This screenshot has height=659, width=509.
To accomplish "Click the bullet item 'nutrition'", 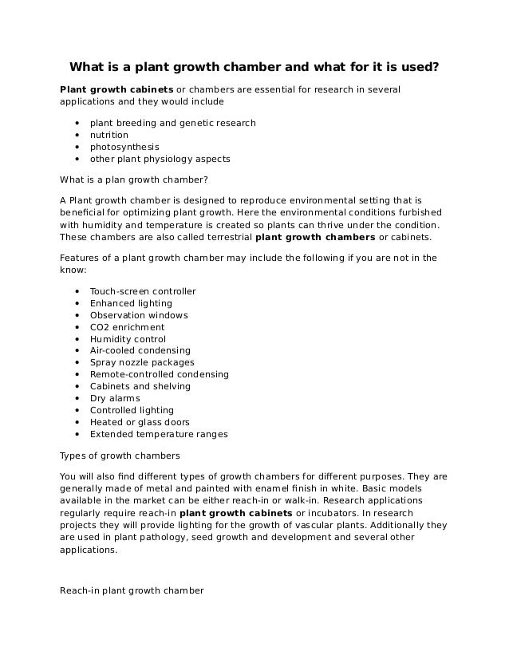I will click(109, 136).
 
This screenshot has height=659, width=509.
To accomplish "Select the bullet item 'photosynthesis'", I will click(124, 148).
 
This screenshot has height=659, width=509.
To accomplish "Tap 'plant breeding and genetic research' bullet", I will click(172, 124).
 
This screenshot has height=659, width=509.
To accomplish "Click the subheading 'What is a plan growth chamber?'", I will click(133, 180).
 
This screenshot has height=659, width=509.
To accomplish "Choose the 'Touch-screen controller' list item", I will click(142, 291).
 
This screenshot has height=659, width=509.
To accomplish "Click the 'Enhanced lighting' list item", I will click(130, 303).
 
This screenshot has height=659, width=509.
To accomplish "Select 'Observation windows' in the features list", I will click(138, 315).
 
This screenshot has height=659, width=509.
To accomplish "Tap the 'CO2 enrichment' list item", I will click(127, 327).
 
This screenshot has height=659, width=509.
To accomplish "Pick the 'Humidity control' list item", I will click(128, 339).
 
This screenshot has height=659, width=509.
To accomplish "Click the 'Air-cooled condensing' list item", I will click(140, 351).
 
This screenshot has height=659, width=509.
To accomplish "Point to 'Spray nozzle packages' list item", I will click(141, 363).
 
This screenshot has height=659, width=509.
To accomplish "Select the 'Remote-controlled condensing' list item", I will click(159, 375).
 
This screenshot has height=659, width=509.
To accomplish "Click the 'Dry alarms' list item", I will click(114, 399).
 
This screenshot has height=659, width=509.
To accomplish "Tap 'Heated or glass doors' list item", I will click(139, 423).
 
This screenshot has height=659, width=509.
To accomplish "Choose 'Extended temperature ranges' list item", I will click(158, 435).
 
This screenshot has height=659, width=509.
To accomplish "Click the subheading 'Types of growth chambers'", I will click(120, 456).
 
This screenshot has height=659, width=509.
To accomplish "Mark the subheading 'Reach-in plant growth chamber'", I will click(132, 591).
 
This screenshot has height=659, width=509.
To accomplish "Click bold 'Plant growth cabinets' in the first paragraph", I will click(116, 89).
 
